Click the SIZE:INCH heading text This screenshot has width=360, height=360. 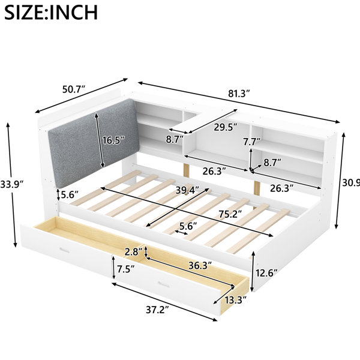51,12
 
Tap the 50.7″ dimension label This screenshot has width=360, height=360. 74,89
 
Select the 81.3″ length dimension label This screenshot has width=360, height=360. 239,94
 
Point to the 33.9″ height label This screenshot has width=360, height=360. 12,184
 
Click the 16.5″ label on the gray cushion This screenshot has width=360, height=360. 113,140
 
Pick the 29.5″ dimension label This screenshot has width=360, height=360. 226,127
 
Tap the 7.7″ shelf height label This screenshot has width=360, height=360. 253,142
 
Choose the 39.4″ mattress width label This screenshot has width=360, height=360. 187,190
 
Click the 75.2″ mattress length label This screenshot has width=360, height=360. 230,214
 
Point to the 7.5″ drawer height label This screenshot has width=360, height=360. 126,269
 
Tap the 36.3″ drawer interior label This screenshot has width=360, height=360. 200,266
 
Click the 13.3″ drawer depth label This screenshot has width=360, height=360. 236,300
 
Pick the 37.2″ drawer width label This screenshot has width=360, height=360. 157,310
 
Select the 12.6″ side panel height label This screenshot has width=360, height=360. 266,273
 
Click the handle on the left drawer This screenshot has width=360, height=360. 64,250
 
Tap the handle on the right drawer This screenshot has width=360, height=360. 164,284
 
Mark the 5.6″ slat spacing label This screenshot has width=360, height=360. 188,226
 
